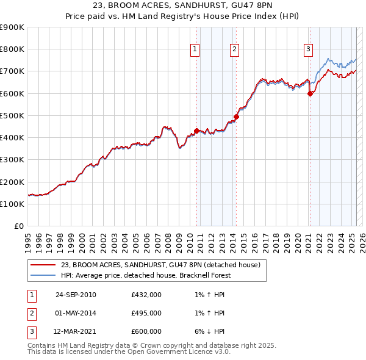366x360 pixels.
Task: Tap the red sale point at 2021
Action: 310,93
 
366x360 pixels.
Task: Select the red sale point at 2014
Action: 236,117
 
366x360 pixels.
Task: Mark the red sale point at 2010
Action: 196,131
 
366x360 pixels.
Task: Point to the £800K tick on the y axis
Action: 12,49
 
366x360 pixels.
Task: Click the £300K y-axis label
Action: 12,160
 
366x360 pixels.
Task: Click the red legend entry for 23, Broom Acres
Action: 160,265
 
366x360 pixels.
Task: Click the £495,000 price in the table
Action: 146,313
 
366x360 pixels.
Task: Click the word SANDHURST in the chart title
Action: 185,7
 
